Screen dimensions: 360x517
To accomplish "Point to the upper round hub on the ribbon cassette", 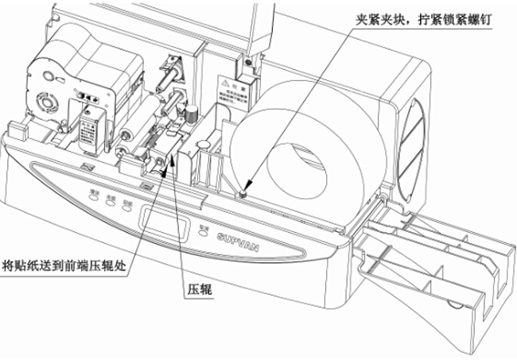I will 46,79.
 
